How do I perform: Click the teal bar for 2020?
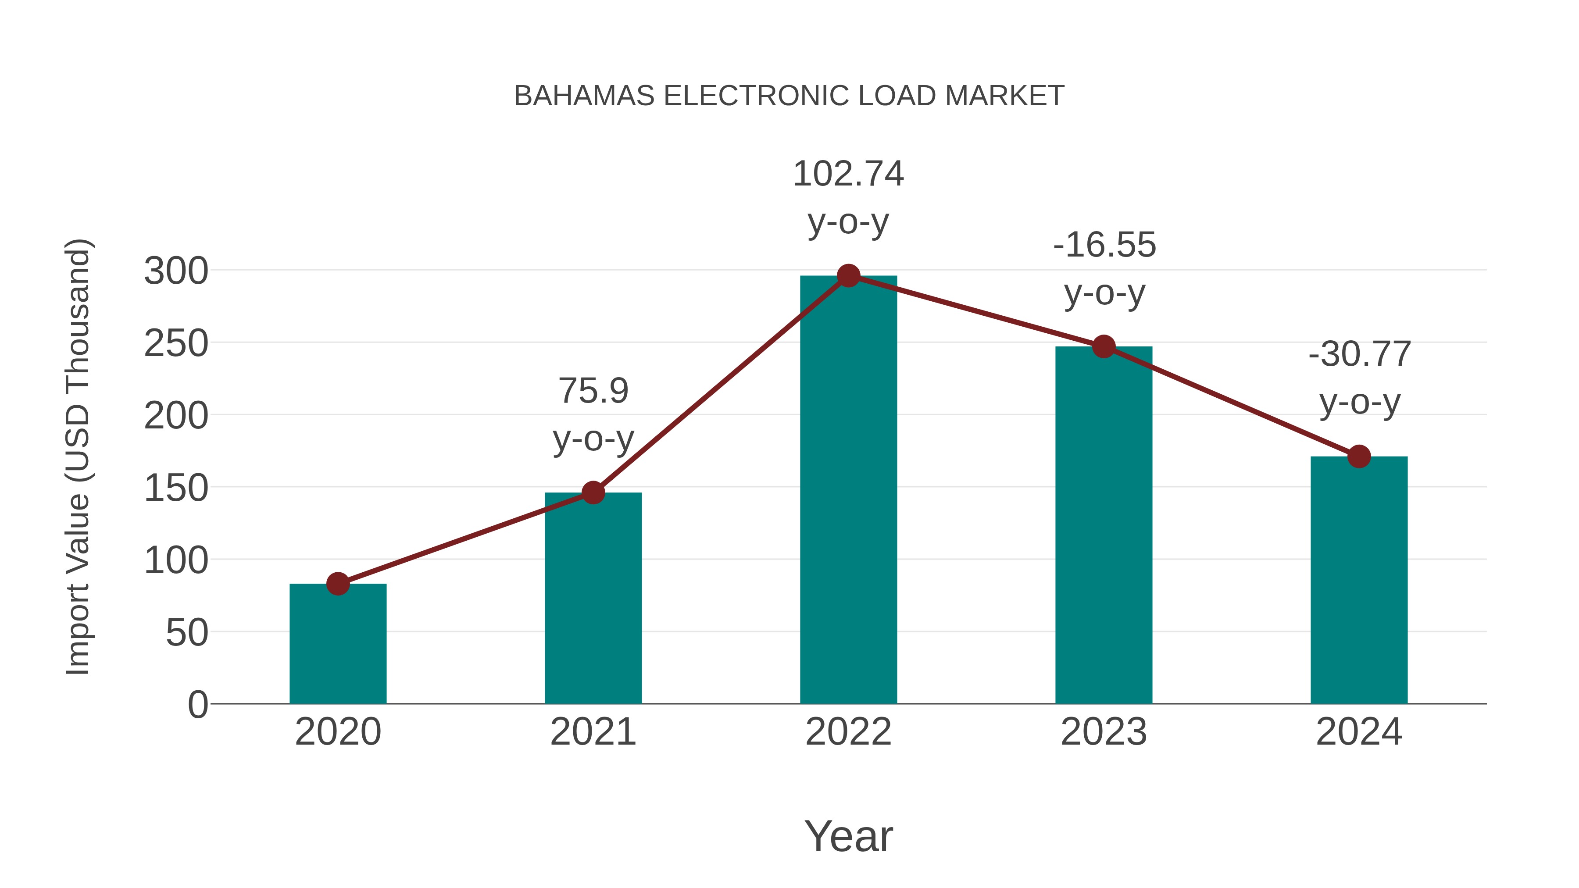point(338,643)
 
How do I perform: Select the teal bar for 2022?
point(848,490)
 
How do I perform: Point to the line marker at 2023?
point(1104,347)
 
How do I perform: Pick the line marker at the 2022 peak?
point(848,276)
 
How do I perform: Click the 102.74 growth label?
point(848,174)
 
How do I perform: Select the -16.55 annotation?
point(1104,245)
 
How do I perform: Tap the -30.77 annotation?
point(1360,354)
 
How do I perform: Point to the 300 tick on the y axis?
point(176,271)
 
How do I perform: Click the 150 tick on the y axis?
point(176,489)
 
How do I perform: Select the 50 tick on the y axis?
point(187,633)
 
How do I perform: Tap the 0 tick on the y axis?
point(198,705)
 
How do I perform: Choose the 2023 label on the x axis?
point(1104,732)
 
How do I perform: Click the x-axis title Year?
point(848,837)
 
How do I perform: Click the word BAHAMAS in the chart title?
point(584,96)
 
